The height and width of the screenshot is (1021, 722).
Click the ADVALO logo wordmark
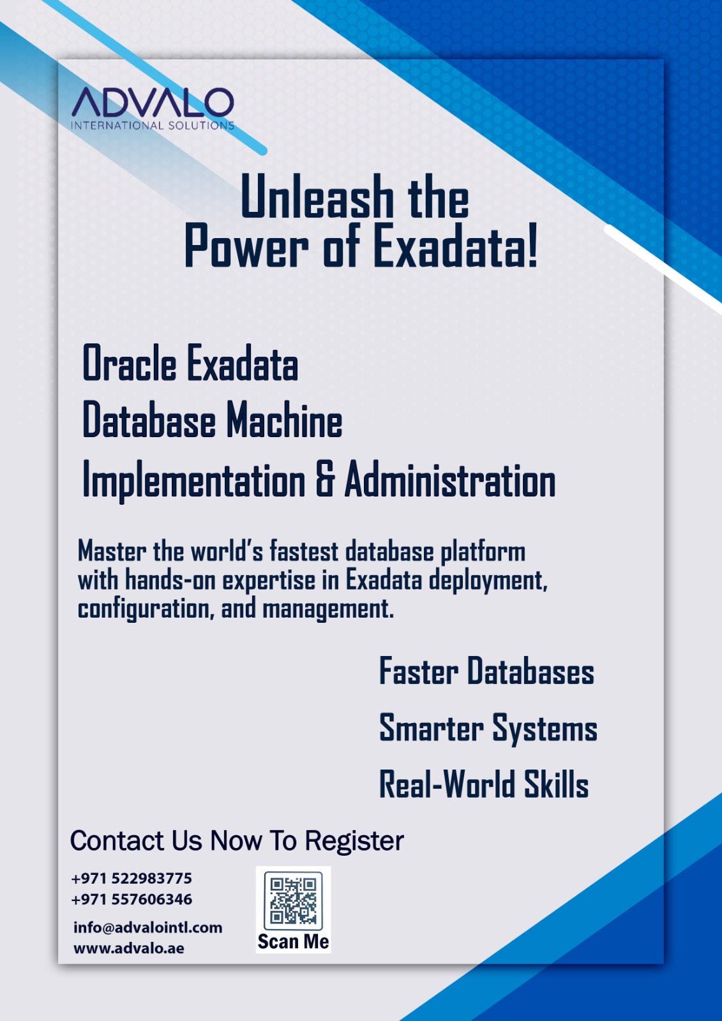point(153,102)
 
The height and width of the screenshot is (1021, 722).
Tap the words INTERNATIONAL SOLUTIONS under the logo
point(153,125)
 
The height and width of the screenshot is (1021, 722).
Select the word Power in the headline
point(246,246)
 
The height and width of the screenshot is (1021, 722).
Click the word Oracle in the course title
point(129,363)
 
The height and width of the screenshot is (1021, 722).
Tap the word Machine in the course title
point(285,421)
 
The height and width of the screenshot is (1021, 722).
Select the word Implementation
point(193,481)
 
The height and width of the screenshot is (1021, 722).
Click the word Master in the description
point(112,551)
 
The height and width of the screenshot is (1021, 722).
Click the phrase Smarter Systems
point(488,728)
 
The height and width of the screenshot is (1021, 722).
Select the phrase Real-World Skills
point(484,784)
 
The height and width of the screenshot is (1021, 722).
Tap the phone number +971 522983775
point(132,878)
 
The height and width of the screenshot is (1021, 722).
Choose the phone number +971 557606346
point(132,899)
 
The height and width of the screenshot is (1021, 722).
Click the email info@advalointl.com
point(147,928)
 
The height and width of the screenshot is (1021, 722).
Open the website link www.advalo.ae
point(128,948)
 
